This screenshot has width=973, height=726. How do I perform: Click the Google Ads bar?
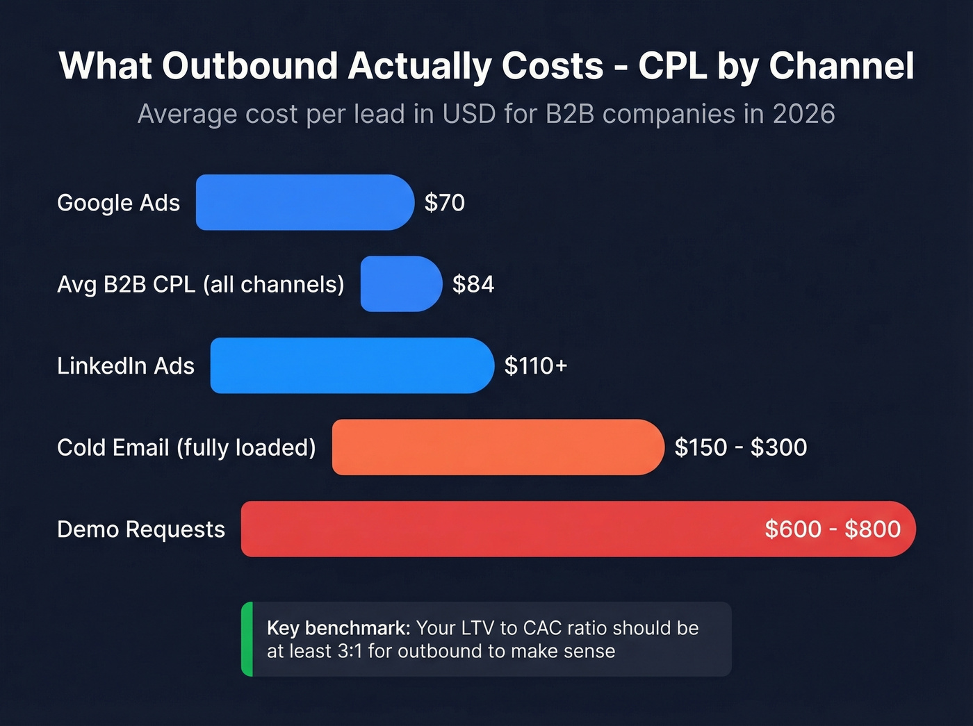[304, 202]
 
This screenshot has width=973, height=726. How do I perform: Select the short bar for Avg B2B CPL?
[401, 284]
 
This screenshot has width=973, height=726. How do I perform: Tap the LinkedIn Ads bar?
[352, 365]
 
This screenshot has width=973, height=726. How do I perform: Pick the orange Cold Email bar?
[498, 447]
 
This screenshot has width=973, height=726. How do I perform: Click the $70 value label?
[445, 203]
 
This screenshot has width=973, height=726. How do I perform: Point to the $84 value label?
[473, 284]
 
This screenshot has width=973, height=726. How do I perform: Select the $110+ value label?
[536, 366]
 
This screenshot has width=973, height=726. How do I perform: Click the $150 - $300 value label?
[741, 447]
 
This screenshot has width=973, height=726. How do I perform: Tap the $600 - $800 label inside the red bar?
[833, 529]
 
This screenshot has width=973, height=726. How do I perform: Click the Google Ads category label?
[118, 203]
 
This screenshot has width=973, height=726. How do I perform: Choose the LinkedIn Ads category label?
[126, 366]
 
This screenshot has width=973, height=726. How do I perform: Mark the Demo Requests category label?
[141, 529]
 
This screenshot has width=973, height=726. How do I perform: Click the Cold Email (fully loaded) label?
[186, 448]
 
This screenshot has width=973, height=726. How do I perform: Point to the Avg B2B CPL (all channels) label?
[201, 285]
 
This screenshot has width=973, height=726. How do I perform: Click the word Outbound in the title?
[250, 67]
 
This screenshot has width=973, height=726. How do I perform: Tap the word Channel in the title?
[841, 67]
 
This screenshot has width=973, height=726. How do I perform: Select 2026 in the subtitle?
[803, 114]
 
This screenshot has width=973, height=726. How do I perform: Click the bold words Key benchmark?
[338, 628]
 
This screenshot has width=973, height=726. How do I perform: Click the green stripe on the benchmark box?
[247, 639]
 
